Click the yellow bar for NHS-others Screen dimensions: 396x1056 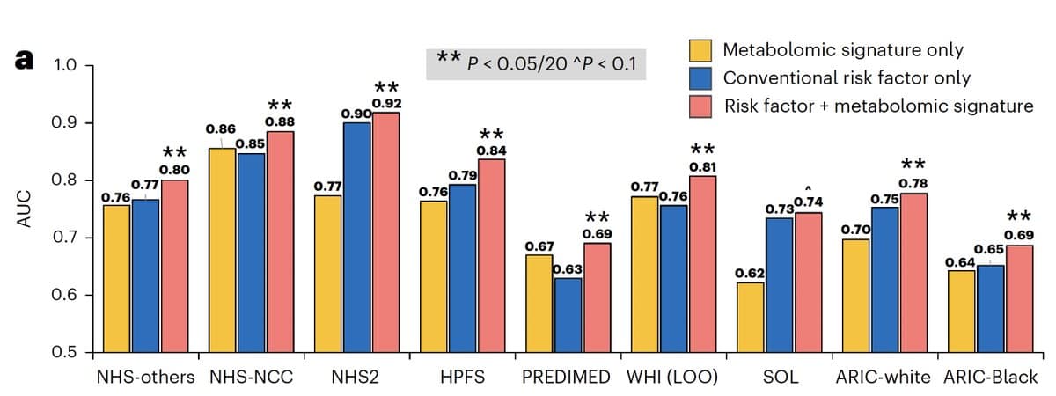(x=117, y=278)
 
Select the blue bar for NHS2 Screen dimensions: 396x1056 (x=356, y=238)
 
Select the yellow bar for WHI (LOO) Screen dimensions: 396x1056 (x=646, y=274)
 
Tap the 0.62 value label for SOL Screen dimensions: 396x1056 (x=750, y=274)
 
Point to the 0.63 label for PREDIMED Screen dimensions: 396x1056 (x=568, y=268)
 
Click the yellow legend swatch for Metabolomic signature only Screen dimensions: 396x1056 (x=700, y=50)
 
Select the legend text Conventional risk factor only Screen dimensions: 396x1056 (x=847, y=78)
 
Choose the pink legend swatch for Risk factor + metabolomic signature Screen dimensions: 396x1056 (x=700, y=106)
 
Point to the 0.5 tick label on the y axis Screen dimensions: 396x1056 (x=68, y=353)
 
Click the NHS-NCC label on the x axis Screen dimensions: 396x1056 (x=252, y=378)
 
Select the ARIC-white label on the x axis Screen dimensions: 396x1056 (x=883, y=378)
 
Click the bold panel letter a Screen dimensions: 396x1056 (x=24, y=60)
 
